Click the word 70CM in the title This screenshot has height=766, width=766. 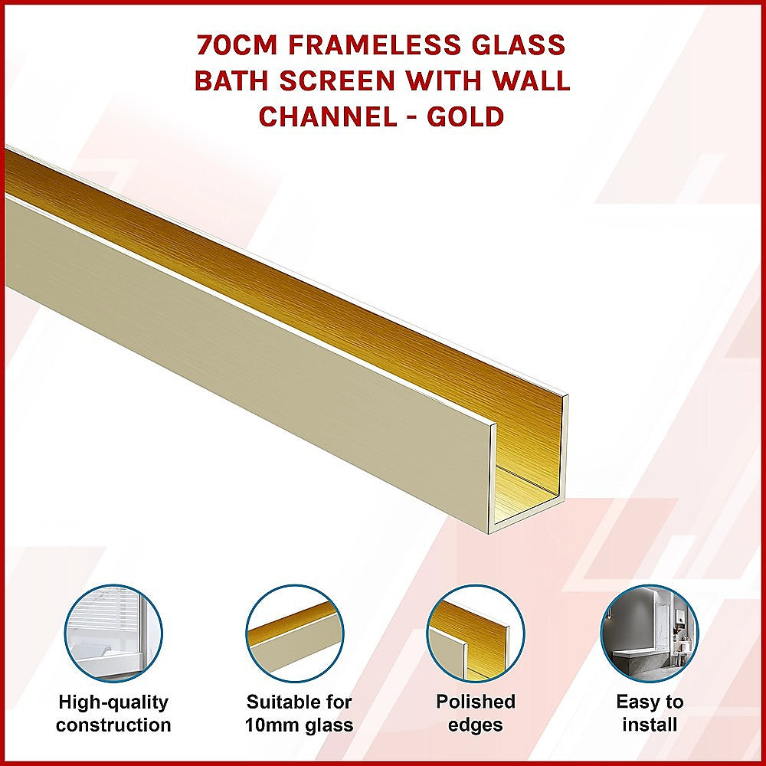point(237,45)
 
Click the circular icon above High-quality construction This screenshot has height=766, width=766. point(113,633)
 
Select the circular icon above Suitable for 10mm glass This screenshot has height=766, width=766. point(294,633)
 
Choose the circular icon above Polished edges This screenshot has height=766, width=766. point(475,633)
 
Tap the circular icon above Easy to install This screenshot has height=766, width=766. point(649,633)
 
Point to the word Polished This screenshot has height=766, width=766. point(476,702)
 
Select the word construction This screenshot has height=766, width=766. point(113,725)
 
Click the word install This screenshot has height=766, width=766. point(650,724)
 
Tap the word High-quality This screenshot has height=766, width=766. point(113,702)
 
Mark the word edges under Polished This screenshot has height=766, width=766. point(476,725)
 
